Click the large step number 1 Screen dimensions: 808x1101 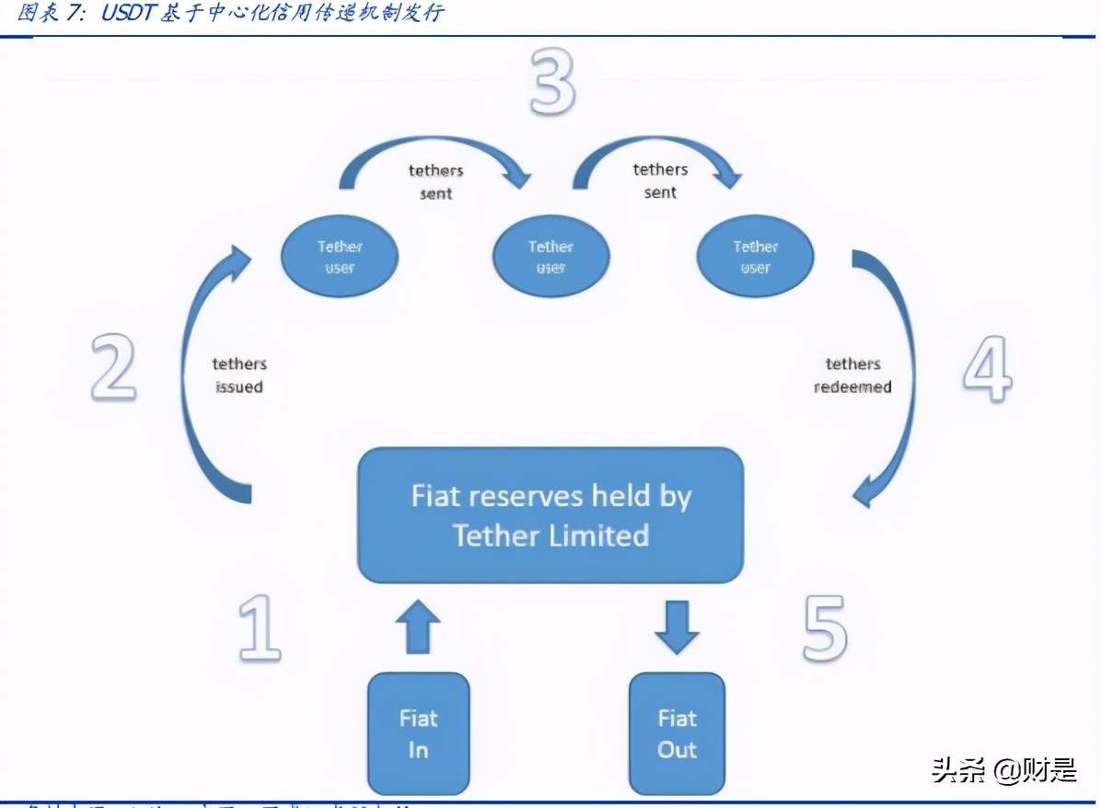pyautogui.click(x=259, y=629)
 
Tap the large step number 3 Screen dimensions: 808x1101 pyautogui.click(x=551, y=82)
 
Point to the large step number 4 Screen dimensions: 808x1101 pyautogui.click(x=988, y=368)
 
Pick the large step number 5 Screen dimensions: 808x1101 pyautogui.click(x=824, y=629)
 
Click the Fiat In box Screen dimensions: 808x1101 pyautogui.click(x=418, y=733)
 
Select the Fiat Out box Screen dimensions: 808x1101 pyautogui.click(x=677, y=733)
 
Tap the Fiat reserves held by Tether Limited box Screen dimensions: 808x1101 pyautogui.click(x=550, y=515)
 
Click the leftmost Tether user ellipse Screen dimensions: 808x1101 pyautogui.click(x=340, y=257)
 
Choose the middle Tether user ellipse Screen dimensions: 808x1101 pyautogui.click(x=550, y=257)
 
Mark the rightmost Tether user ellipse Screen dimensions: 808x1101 pyautogui.click(x=755, y=257)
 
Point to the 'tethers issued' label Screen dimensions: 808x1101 pyautogui.click(x=238, y=375)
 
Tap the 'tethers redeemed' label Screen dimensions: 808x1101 pyautogui.click(x=852, y=375)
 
